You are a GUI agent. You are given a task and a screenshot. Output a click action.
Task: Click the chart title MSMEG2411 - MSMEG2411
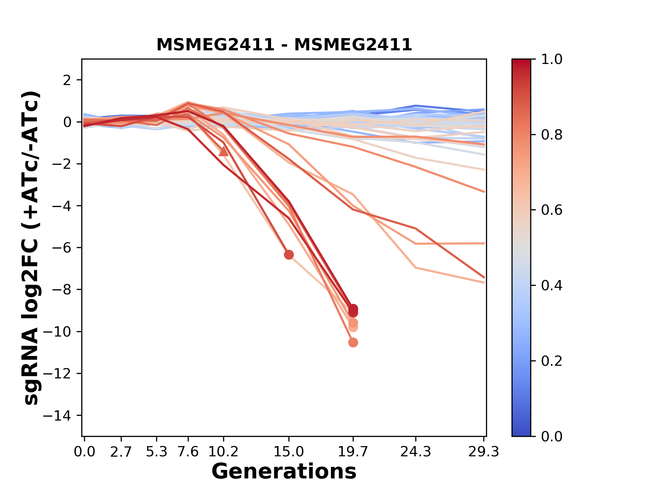(284, 45)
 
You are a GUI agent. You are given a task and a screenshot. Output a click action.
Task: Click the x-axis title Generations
(284, 471)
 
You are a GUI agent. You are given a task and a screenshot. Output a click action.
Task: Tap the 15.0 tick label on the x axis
(289, 452)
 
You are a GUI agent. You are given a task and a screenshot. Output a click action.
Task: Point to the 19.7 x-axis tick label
(353, 452)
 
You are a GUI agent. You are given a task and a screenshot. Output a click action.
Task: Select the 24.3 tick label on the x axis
(416, 452)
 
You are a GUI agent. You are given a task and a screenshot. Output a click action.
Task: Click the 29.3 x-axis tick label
(484, 452)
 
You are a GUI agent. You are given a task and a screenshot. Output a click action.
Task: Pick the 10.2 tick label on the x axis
(223, 452)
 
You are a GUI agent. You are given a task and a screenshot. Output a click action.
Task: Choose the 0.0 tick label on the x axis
(85, 452)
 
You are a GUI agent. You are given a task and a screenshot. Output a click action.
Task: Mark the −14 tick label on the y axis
(61, 415)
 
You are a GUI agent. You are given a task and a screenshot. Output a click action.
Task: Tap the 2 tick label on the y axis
(67, 80)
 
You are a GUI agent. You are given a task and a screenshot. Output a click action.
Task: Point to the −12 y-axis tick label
(61, 374)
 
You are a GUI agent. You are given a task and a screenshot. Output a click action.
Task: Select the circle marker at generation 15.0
(289, 255)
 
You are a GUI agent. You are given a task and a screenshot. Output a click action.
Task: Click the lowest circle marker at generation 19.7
(353, 342)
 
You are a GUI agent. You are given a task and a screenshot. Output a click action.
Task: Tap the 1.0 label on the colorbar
(552, 60)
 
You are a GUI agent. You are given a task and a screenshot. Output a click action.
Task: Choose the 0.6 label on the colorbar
(552, 210)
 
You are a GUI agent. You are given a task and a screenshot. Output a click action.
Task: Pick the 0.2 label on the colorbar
(552, 361)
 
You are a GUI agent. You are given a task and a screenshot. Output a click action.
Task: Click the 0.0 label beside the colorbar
(552, 436)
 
